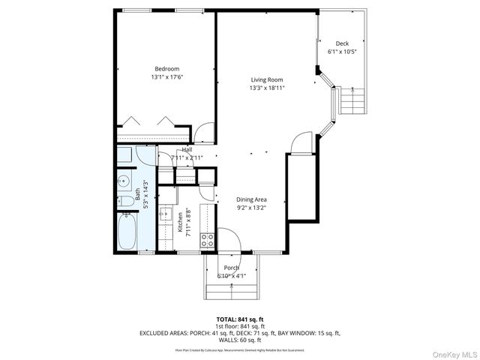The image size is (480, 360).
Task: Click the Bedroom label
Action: [166, 69]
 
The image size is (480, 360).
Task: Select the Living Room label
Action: [267, 79]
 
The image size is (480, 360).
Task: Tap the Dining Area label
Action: [252, 199]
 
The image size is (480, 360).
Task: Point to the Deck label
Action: [342, 43]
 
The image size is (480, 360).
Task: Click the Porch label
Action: [231, 268]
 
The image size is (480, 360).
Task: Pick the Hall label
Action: [186, 150]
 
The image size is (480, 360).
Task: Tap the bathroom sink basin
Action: [123, 180]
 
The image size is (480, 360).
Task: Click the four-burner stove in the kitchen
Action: [208, 241]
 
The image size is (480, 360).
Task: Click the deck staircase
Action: [353, 100]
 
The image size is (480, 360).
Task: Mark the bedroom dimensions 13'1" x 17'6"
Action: [166, 77]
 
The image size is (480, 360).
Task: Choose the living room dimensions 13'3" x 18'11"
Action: [267, 88]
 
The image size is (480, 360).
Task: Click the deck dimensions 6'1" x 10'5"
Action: [342, 52]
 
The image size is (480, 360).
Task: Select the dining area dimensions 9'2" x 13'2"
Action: [252, 208]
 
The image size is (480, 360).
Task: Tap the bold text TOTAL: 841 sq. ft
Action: [239, 319]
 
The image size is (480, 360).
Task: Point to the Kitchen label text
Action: [180, 223]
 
